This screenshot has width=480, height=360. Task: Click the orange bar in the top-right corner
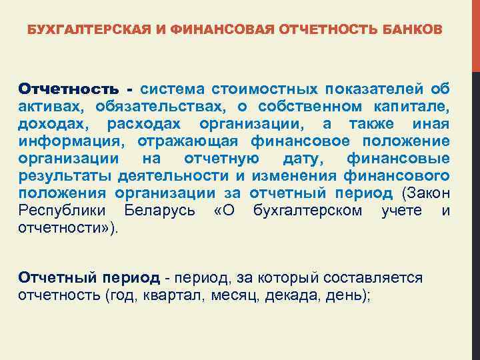475,33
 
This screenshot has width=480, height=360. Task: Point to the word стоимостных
265,89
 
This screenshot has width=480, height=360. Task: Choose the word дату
304,159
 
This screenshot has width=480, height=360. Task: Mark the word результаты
65,176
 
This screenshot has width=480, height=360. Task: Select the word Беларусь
159,211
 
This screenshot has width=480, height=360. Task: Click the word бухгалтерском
308,211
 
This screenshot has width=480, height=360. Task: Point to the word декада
289,295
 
